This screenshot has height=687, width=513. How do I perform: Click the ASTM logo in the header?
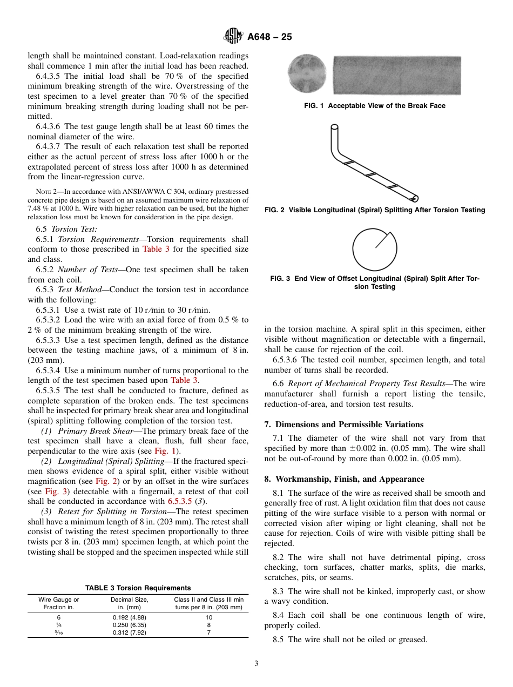tap(234, 37)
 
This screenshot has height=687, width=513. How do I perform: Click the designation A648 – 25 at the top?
tap(269, 37)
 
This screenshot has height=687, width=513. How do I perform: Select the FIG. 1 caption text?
tap(375, 106)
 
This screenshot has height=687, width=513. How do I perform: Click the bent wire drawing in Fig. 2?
tap(373, 162)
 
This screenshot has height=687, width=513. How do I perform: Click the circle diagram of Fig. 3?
tap(374, 249)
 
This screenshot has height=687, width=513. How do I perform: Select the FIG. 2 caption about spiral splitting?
tap(375, 210)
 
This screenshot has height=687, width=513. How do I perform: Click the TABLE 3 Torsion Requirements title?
tap(138, 588)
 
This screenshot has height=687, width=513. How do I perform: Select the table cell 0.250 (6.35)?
tap(130, 625)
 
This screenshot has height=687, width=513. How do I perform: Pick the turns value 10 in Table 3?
tap(209, 617)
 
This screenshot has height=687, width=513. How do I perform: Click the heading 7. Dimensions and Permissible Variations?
tap(344, 424)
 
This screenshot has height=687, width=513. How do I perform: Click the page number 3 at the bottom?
tap(256, 664)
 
